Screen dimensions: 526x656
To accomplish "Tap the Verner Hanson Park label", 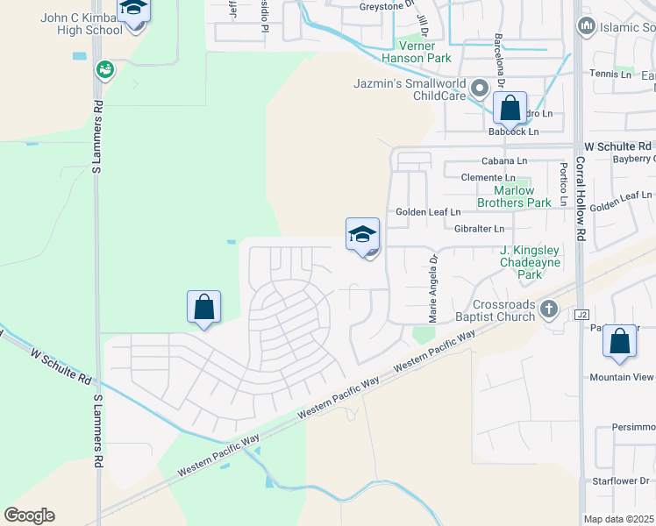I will [416, 52].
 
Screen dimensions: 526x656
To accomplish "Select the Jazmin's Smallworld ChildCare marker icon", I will [480, 89].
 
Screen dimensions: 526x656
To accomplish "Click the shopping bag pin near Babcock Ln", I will [510, 110].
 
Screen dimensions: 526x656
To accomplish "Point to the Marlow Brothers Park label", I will [514, 196].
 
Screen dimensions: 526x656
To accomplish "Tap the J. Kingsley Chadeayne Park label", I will [529, 262].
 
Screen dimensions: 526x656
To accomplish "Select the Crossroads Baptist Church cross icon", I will [549, 308].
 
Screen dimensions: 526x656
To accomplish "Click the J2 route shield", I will [580, 314].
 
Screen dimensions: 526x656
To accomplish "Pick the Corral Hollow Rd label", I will [580, 202].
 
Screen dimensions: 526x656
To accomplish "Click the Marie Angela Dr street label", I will [432, 287].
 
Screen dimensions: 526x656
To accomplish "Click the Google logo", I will [29, 515].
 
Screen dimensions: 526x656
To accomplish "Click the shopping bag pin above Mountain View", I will [619, 342].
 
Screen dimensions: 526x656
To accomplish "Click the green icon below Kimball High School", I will [105, 68].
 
